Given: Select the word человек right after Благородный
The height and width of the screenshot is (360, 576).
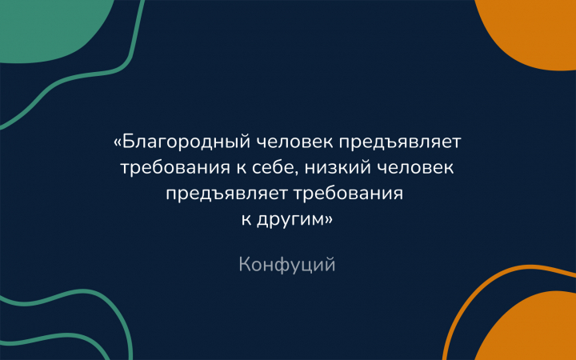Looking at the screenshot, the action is [294, 142].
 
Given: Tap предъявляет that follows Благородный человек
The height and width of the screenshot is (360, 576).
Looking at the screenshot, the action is [400, 142].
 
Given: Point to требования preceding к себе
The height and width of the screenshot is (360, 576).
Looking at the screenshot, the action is [175, 168].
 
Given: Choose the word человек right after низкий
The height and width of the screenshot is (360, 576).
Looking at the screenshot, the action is [415, 168].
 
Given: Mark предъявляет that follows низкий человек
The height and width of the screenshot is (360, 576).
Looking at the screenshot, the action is [226, 194].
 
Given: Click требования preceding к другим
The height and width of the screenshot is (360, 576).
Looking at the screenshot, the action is [348, 194].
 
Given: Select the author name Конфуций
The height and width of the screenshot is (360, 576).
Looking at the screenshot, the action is [287, 265].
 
